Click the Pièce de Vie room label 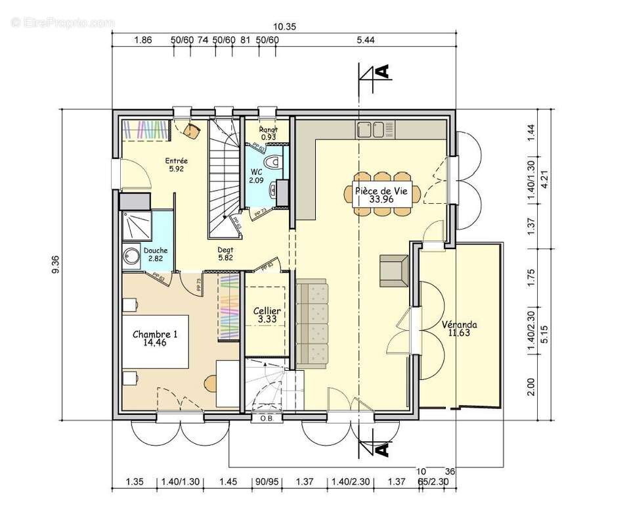point(381,194)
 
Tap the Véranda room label point(459,329)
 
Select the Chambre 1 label point(155,339)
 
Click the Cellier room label point(267,316)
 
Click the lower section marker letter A point(383,450)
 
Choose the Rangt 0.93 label point(268,132)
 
